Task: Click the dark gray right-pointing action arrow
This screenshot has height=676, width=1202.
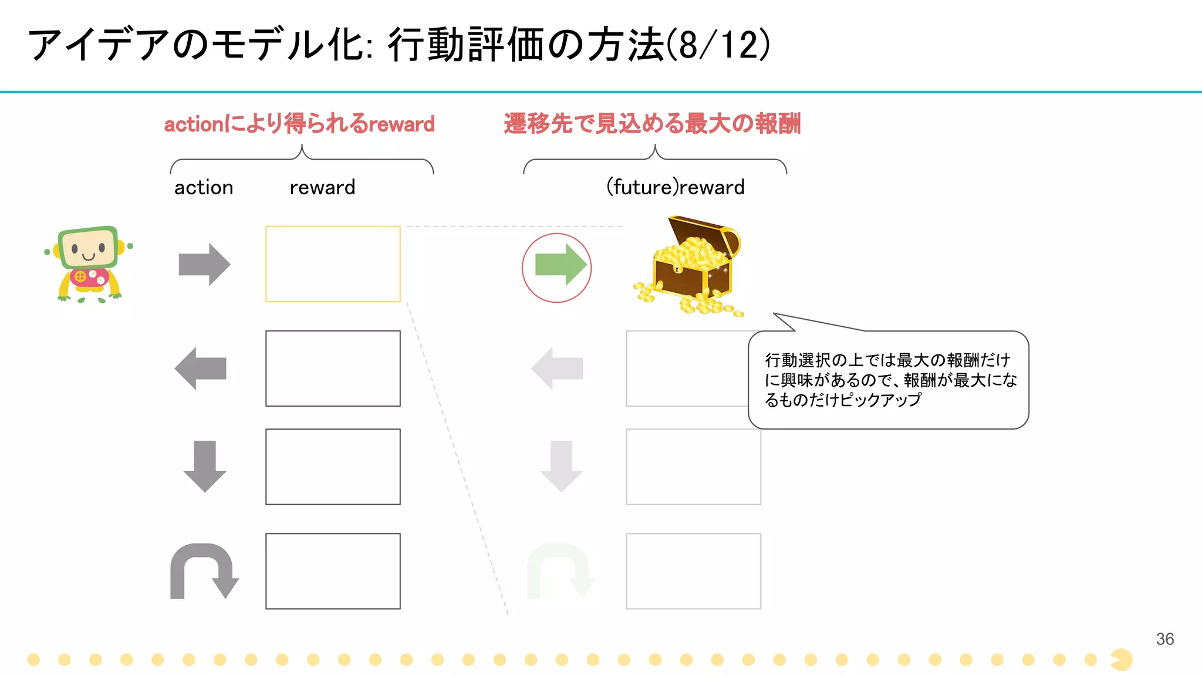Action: (204, 265)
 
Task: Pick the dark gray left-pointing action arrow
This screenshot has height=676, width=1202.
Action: (201, 369)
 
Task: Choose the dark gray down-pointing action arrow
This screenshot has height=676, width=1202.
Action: (205, 466)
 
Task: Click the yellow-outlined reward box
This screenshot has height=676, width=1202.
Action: (333, 264)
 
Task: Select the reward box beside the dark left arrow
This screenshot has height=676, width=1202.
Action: (333, 369)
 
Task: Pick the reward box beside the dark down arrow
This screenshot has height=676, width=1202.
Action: (333, 467)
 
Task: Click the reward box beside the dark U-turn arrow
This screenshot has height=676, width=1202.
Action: (333, 571)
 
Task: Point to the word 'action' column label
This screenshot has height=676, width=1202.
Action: (204, 188)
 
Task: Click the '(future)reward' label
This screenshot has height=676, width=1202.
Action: (675, 188)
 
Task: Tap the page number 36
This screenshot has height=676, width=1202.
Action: (1164, 639)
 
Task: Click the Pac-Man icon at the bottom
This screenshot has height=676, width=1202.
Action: (1122, 660)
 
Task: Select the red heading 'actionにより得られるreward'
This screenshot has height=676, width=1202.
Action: (299, 124)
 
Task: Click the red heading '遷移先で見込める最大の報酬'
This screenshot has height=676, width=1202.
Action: (652, 124)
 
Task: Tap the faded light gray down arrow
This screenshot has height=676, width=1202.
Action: (561, 466)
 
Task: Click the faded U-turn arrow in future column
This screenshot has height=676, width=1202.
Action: (560, 572)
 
